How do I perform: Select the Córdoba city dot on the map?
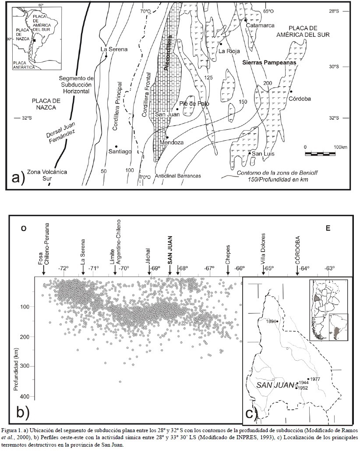click(291, 92)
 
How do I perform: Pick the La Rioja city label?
click(229, 51)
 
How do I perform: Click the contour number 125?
click(208, 78)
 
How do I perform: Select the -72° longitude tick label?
click(64, 268)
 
